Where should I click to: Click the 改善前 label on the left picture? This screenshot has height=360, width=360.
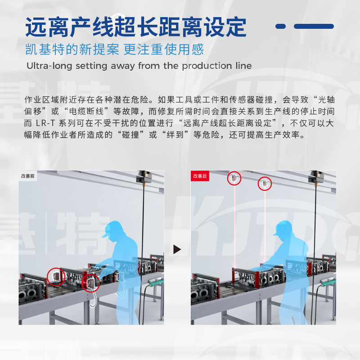(x=27, y=176)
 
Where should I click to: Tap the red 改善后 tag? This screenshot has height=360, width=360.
(x=200, y=176)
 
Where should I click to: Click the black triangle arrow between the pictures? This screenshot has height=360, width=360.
(x=177, y=249)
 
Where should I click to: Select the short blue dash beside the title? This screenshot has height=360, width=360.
(x=280, y=26)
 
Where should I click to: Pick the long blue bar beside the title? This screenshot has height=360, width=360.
(x=314, y=26)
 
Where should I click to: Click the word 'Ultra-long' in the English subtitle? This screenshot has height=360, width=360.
(x=49, y=66)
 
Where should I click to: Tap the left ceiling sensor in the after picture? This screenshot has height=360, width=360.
(x=234, y=178)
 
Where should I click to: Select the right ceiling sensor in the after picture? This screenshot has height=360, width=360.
(x=265, y=183)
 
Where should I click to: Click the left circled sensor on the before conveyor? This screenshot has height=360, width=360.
(x=56, y=276)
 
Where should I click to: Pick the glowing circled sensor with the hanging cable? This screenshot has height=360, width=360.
(x=91, y=283)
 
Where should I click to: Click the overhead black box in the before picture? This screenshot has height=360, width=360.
(x=144, y=176)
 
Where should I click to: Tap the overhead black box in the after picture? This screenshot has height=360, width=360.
(x=316, y=176)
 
